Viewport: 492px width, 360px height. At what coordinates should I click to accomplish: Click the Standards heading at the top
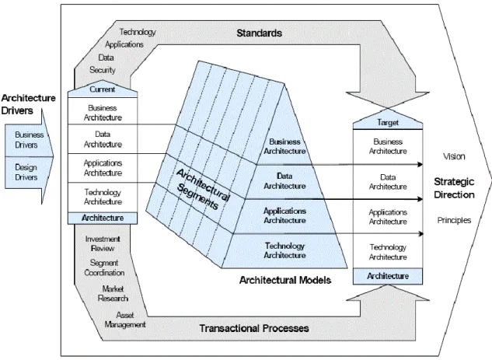(x=259, y=33)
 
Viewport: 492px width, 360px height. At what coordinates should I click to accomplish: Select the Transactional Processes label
(x=254, y=328)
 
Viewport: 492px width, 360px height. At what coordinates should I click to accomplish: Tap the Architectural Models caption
(x=285, y=280)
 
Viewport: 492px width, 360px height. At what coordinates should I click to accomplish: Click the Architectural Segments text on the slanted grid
(x=202, y=189)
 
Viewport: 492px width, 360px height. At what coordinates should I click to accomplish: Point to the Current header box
(x=103, y=90)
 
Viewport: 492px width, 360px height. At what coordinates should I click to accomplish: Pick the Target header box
(x=388, y=122)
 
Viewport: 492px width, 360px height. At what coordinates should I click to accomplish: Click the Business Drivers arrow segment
(x=29, y=140)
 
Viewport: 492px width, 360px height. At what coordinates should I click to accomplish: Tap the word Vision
(x=454, y=156)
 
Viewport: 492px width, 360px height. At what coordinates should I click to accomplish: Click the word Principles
(x=454, y=220)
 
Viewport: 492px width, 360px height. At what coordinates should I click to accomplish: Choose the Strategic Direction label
(x=454, y=188)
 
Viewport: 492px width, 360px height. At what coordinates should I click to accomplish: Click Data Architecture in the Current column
(x=103, y=139)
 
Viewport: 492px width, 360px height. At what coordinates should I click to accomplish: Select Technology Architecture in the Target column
(x=388, y=252)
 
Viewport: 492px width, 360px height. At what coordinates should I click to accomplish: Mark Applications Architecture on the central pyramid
(x=284, y=215)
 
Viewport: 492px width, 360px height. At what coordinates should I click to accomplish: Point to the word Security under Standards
(x=103, y=70)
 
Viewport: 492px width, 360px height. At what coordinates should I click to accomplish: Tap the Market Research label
(x=113, y=293)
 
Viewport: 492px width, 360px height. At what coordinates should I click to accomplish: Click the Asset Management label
(x=125, y=320)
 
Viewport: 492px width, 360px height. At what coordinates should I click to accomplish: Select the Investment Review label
(x=103, y=243)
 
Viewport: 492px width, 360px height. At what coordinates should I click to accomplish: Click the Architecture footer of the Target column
(x=388, y=276)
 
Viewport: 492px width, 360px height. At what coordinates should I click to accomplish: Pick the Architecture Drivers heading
(x=28, y=104)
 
